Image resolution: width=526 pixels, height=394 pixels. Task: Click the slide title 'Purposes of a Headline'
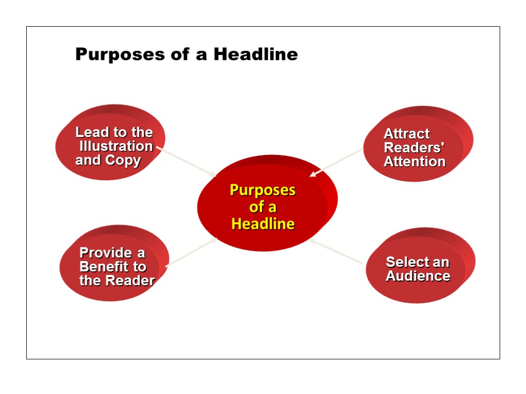[186, 54]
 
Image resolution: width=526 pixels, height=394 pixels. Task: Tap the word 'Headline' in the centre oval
[263, 224]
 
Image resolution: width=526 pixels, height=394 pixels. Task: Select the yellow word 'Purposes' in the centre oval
[263, 190]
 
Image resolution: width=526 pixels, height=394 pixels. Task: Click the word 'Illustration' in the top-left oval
[116, 147]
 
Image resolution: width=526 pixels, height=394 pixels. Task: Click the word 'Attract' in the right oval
[407, 134]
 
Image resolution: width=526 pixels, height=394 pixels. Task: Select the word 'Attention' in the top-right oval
[415, 162]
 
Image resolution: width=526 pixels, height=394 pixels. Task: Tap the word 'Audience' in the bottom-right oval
[418, 276]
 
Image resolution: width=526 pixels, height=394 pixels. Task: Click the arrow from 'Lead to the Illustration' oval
[187, 162]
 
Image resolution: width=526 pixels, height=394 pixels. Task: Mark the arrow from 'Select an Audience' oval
[336, 252]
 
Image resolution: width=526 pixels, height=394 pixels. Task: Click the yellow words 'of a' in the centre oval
[263, 207]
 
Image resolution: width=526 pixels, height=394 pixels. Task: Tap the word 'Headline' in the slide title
[256, 54]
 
